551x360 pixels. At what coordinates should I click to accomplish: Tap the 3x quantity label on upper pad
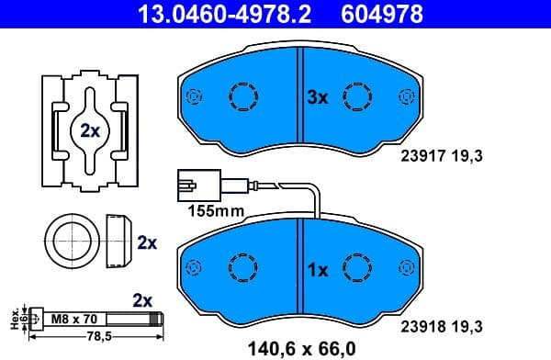(x=317, y=96)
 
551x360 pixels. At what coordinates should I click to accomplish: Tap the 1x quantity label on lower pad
(x=317, y=271)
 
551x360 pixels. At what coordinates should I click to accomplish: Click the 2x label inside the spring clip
(x=89, y=130)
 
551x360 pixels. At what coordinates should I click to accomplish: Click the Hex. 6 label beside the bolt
(x=15, y=319)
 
